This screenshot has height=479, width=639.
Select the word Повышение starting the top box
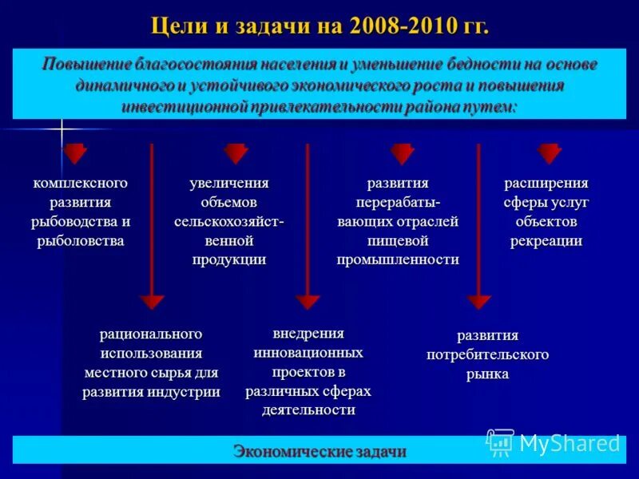[x=84, y=65]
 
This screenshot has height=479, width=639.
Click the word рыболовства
[x=81, y=240]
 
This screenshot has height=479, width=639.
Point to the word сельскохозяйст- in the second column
[x=228, y=221]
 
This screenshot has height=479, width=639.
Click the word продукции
[x=228, y=259]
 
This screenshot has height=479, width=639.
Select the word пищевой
[x=398, y=240]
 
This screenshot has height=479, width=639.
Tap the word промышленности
[x=398, y=259]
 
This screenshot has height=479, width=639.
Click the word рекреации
[x=546, y=240]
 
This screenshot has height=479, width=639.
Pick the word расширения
[x=546, y=183]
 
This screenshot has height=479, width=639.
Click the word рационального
[x=151, y=334]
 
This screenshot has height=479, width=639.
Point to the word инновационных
[x=308, y=352]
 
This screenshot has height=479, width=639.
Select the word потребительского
[x=487, y=354]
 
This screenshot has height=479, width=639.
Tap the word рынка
[x=487, y=373]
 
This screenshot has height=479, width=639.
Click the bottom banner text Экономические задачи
[x=319, y=451]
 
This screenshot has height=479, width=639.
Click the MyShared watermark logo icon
[x=500, y=441]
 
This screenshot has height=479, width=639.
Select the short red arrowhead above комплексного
[x=74, y=152]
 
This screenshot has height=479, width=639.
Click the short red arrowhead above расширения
[x=549, y=152]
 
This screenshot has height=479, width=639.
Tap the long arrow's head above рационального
[x=152, y=302]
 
